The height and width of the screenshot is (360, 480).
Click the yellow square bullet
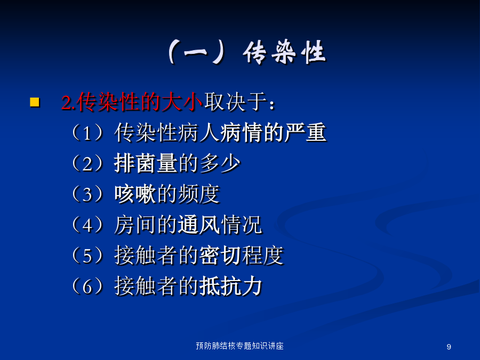[x=35, y=102]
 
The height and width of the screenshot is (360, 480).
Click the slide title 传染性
[x=284, y=52]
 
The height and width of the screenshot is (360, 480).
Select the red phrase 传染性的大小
[x=139, y=102]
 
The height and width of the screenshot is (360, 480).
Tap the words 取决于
[x=235, y=102]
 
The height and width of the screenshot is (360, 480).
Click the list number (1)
[x=87, y=133]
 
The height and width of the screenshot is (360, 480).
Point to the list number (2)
[x=87, y=163]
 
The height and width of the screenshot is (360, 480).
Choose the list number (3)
[x=87, y=194]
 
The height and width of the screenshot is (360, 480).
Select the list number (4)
[x=87, y=225]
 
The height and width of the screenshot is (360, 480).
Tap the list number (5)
[x=87, y=255]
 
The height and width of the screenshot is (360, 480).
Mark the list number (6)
[x=87, y=286]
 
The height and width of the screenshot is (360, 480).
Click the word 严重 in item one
[x=305, y=133]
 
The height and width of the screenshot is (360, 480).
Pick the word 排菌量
[x=146, y=163]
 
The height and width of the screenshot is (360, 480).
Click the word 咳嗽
[x=135, y=194]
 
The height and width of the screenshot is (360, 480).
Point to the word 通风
[x=199, y=225]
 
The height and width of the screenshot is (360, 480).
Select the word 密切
[x=220, y=255]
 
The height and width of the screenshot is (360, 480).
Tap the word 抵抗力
[x=231, y=286]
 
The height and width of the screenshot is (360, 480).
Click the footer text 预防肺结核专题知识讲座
[x=239, y=346]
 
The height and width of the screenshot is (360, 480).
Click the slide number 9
[x=449, y=347]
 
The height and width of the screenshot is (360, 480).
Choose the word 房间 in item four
[x=135, y=225]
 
